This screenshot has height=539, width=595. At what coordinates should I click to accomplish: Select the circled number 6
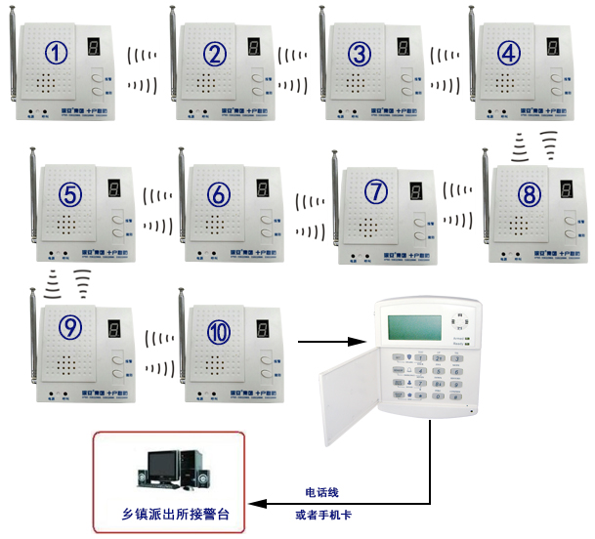click(x=220, y=193)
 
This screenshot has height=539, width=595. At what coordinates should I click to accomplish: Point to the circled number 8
click(x=529, y=193)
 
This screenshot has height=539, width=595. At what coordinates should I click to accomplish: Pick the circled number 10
click(x=220, y=331)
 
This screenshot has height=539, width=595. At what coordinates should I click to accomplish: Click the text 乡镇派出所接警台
click(x=172, y=513)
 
